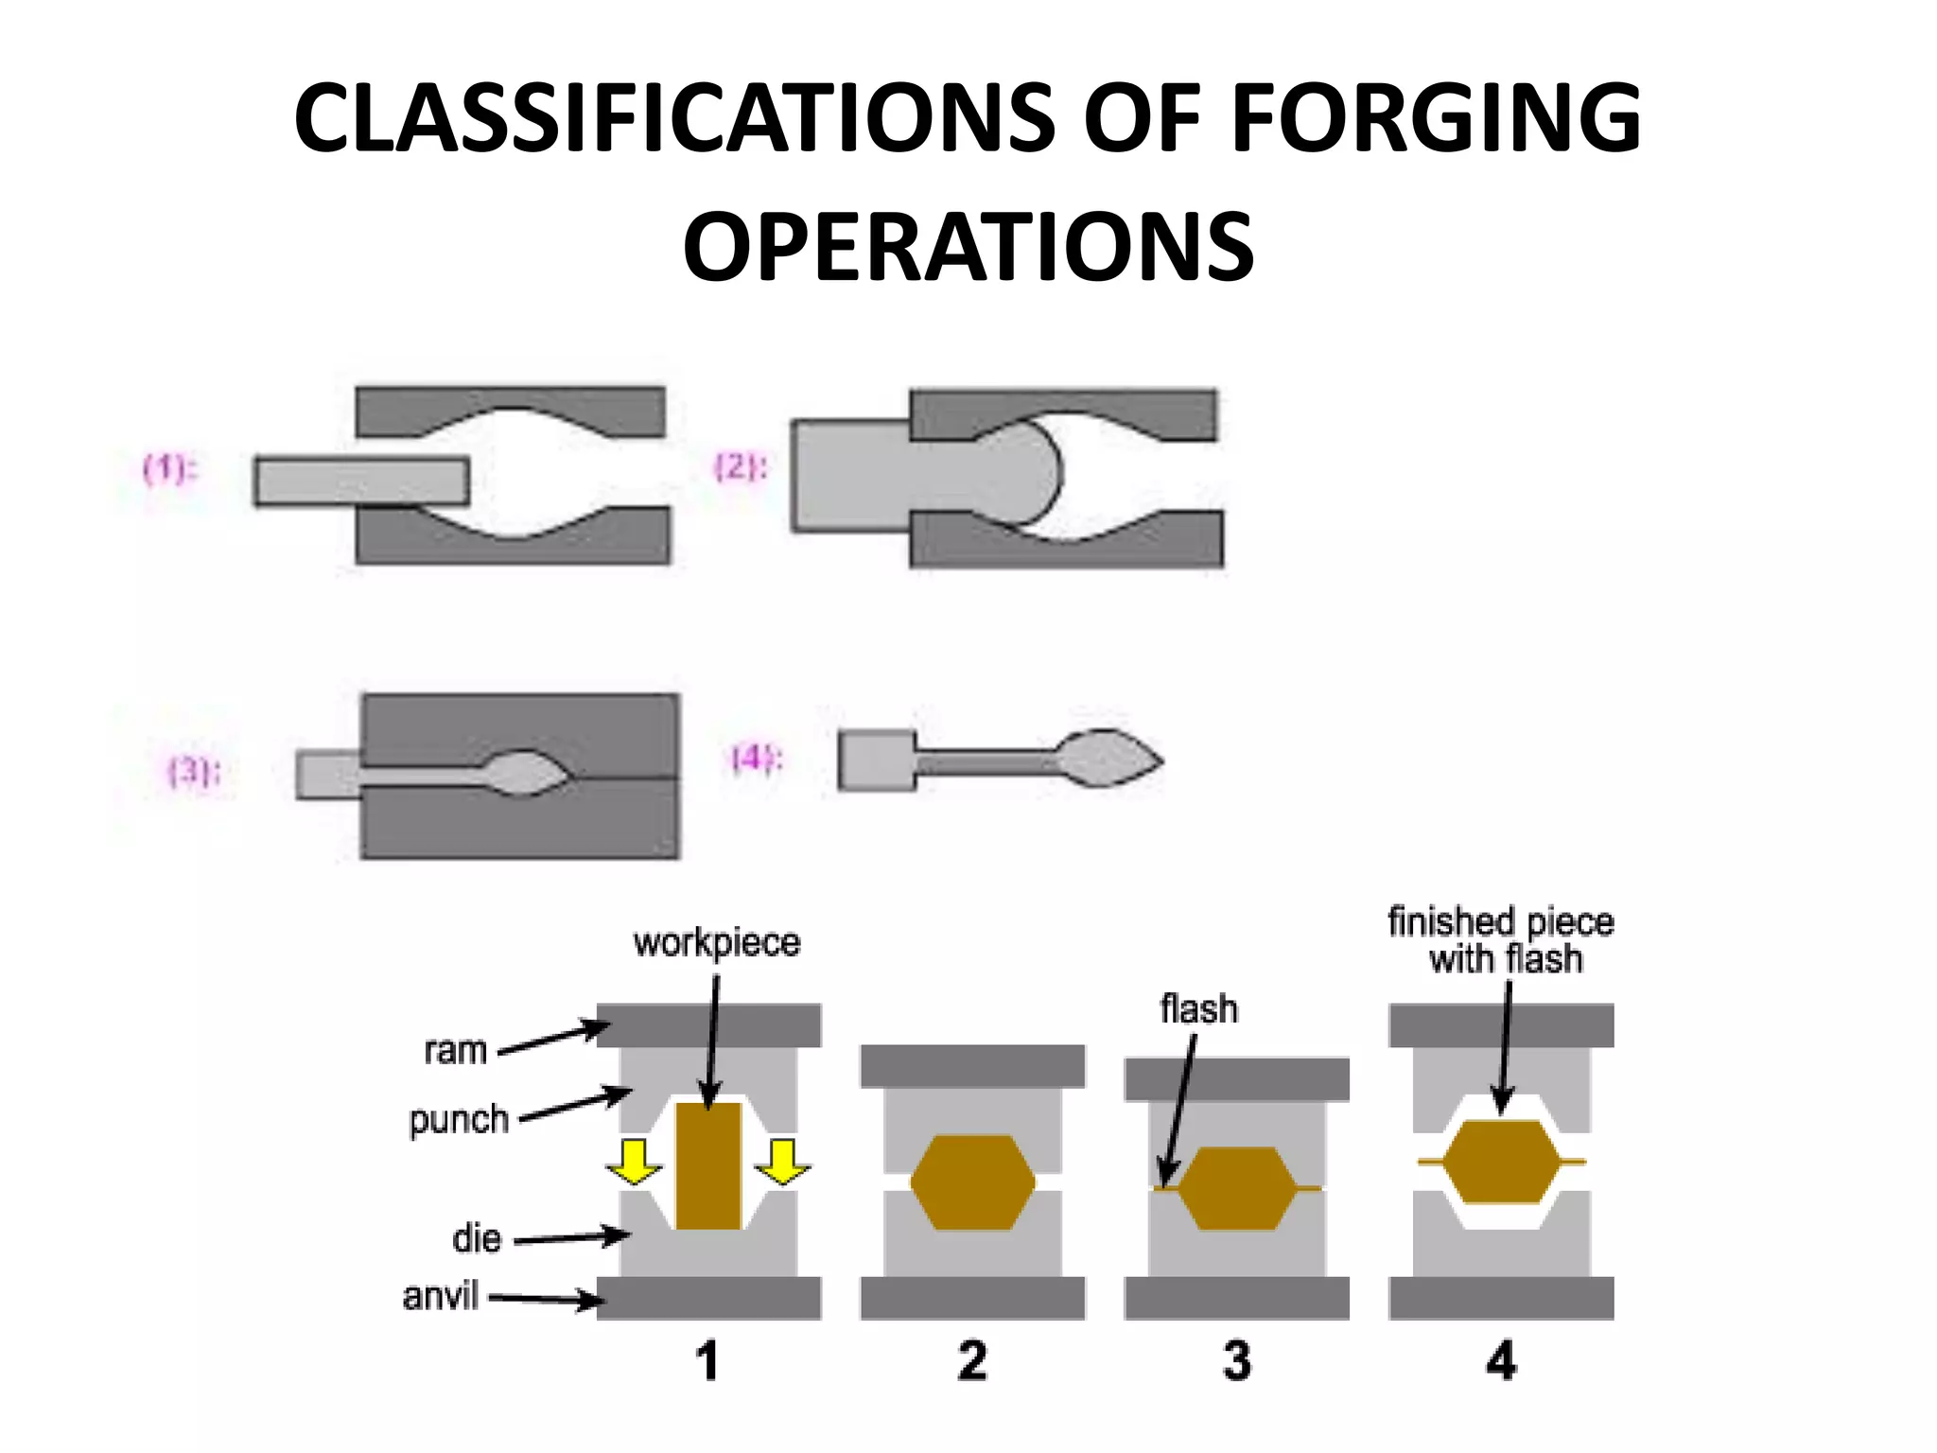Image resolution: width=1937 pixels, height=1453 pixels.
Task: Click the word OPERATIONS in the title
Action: pos(968,248)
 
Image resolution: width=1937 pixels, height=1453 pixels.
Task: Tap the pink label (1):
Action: pos(170,468)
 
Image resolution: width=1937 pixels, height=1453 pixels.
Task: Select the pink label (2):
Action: pos(741,467)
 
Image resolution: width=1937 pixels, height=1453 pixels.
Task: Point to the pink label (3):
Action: pos(195,771)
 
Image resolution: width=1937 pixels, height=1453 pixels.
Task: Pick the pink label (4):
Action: pos(758,759)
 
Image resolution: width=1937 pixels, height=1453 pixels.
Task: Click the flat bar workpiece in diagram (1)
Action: pos(361,481)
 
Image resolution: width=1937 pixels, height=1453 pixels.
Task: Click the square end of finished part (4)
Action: pos(877,761)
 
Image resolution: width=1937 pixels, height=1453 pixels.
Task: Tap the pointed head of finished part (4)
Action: pos(1110,757)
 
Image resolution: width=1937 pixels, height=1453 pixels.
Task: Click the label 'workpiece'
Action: pos(717,943)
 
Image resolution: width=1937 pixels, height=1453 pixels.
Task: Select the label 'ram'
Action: pos(455,1051)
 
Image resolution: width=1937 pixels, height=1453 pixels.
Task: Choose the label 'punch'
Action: pos(459,1120)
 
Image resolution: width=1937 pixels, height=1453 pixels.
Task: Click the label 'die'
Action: pos(477,1238)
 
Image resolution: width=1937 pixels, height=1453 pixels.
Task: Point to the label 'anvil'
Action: pos(441,1296)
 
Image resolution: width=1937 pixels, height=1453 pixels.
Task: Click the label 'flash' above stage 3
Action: pos(1198,1009)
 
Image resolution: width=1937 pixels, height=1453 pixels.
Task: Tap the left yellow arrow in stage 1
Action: pos(634,1163)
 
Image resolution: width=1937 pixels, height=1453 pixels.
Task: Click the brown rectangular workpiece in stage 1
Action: pos(708,1165)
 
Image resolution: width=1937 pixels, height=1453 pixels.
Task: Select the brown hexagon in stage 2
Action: pos(972,1182)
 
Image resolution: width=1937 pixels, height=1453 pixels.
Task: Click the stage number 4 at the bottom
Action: pos(1501,1361)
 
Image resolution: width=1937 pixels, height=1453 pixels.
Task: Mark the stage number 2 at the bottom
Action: pos(972,1361)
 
